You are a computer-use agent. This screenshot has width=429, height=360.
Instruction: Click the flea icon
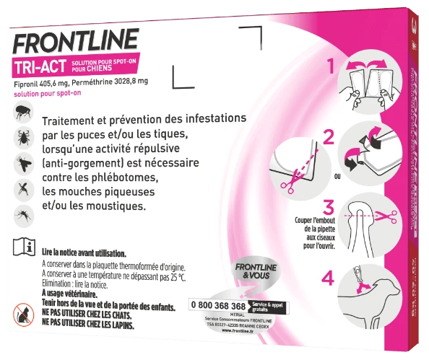pos(19,113)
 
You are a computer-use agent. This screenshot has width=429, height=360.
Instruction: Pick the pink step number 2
pos(329,136)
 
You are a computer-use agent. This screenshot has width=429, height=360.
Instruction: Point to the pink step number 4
pos(326,276)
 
